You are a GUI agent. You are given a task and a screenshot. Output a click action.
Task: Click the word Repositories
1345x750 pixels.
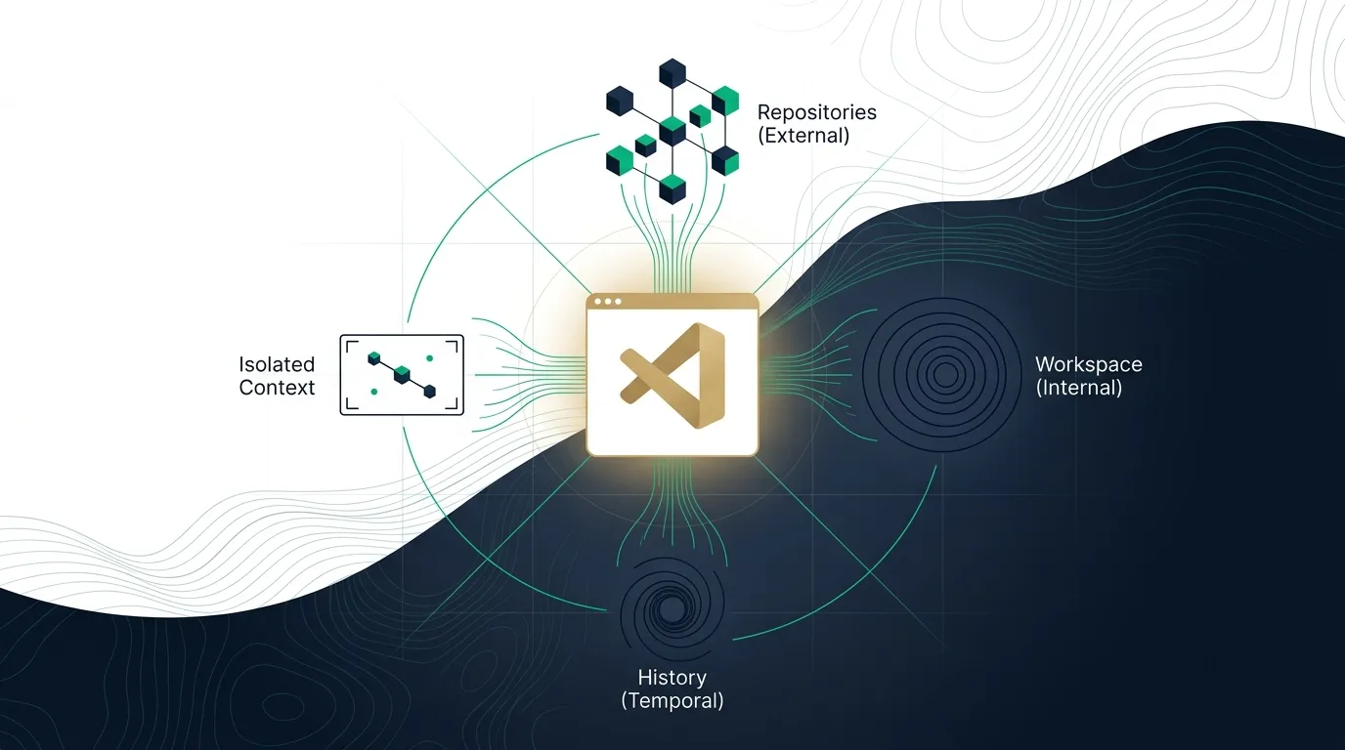(816, 112)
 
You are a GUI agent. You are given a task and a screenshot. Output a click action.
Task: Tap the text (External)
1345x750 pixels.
(803, 136)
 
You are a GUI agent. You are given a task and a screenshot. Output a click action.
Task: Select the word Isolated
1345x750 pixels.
(277, 364)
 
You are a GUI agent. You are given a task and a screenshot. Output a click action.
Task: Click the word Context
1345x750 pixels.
(277, 388)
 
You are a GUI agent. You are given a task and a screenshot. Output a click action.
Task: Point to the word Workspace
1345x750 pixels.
(1089, 365)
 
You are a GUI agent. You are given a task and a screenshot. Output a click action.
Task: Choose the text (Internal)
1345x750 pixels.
(1079, 388)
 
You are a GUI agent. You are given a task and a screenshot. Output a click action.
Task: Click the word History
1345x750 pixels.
(672, 678)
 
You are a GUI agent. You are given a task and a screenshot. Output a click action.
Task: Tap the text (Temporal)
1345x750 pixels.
(672, 701)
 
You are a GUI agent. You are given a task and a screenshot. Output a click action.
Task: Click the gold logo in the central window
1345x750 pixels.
(672, 376)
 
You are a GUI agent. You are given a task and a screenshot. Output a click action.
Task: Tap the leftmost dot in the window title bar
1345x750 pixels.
(597, 301)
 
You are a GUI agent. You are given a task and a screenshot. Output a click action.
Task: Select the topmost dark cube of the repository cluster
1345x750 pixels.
(672, 73)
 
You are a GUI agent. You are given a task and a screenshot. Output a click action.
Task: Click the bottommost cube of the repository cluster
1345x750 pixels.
(672, 189)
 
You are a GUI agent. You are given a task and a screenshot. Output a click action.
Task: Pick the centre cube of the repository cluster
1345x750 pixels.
(672, 132)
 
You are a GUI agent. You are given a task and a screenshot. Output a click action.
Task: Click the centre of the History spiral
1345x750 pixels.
(672, 609)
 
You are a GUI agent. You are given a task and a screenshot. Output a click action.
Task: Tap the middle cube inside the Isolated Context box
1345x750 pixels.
(402, 374)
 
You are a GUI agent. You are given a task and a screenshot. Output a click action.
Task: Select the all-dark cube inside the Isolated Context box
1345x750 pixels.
(430, 392)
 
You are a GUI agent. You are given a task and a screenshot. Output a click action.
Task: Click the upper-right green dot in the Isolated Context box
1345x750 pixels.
(429, 358)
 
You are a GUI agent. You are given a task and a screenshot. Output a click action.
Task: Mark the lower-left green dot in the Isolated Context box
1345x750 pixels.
(374, 392)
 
